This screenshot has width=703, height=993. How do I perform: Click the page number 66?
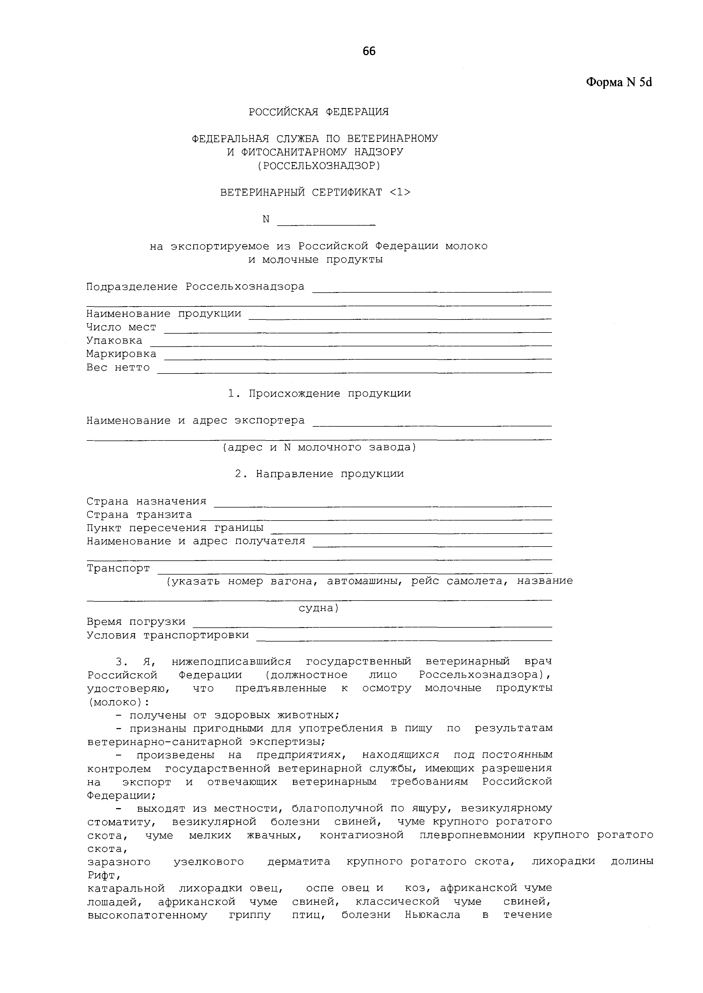coord(369,51)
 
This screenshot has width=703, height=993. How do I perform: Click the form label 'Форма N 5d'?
coord(619,82)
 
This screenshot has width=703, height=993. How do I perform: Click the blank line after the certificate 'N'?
coord(326,223)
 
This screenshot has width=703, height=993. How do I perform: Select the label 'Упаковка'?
coord(114,340)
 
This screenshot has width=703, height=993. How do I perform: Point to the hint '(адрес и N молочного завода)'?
coord(319,447)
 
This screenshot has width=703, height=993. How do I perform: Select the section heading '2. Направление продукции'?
coord(319,474)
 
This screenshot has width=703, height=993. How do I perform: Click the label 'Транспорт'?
coord(118,568)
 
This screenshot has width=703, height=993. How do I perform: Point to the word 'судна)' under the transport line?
coord(319,608)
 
